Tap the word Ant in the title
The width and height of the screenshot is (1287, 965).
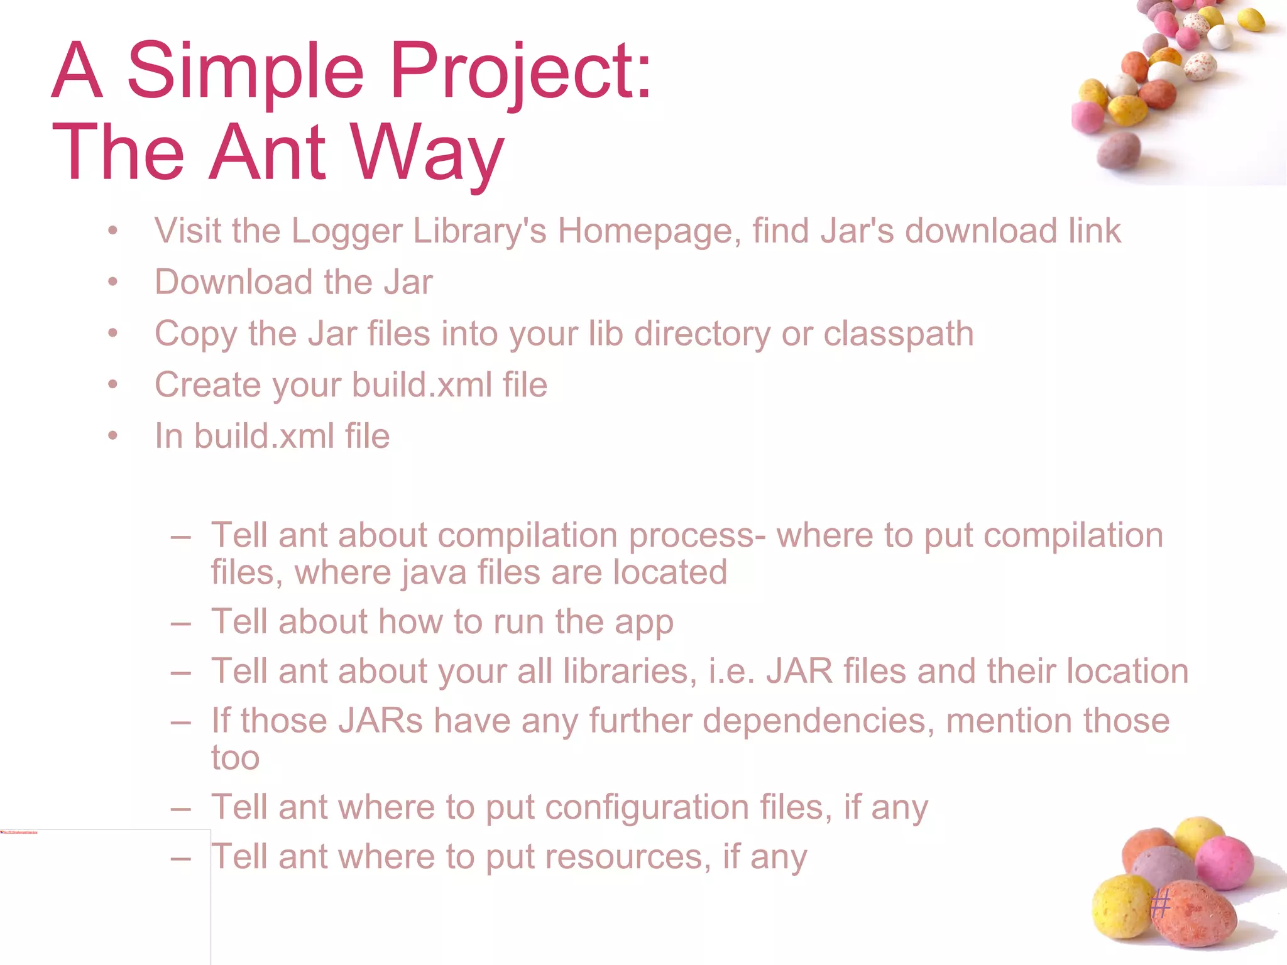(268, 152)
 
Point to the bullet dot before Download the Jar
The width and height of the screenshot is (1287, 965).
(112, 282)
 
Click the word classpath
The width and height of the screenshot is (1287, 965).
(898, 334)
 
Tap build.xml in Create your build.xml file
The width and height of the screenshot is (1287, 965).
(422, 384)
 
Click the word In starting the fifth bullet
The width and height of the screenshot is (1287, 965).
(168, 436)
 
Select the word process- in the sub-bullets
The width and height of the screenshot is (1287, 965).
(697, 536)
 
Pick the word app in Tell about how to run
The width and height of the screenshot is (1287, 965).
(644, 623)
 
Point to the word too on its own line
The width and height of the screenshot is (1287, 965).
(235, 758)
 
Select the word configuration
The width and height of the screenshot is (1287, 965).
(647, 807)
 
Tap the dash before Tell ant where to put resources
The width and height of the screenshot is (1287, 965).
(180, 858)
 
